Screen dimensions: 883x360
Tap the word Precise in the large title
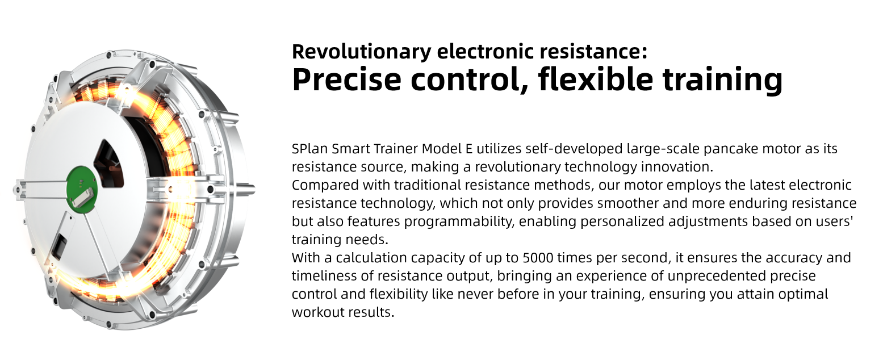(x=346, y=79)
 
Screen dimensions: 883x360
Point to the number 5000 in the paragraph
(x=538, y=258)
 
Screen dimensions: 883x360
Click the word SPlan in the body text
(x=309, y=149)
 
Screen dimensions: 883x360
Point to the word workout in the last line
(x=316, y=312)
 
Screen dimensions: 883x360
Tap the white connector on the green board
(x=82, y=197)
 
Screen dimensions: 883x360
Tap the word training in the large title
(x=722, y=79)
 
